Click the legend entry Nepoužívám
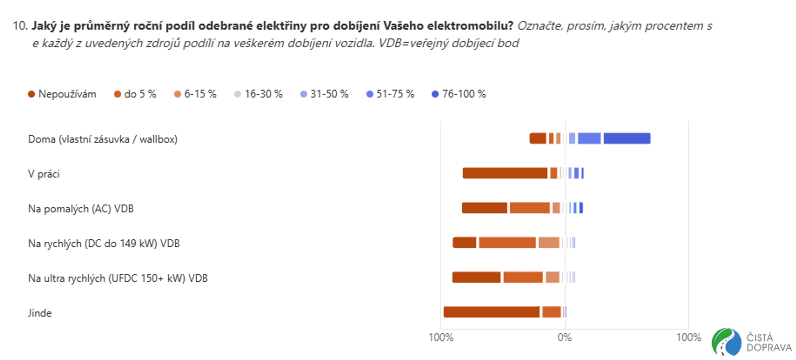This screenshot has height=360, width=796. coord(62,94)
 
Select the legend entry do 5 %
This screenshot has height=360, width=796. coord(135,94)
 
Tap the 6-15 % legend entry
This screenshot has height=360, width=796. coord(195,94)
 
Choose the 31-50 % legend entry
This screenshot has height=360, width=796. coord(324,94)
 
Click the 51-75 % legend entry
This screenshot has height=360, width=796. coord(390,94)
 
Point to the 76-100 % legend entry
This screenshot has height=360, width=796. coord(459,94)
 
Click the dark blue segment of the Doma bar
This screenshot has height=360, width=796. coord(627,138)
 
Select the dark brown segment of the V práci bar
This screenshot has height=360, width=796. coord(505,173)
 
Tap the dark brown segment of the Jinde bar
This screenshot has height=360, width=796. coord(492,312)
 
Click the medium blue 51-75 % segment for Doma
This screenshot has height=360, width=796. coord(589,138)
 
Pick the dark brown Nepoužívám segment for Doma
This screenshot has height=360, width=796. coord(538,138)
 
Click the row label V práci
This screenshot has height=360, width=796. coord(44,174)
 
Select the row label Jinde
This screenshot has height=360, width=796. coord(40,313)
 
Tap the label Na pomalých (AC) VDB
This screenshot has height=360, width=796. coord(81,209)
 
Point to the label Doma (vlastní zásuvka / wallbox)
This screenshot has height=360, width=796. coord(103,139)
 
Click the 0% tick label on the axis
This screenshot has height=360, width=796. coord(564,337)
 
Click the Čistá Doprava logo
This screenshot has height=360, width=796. coord(752,342)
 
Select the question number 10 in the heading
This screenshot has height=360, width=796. coord(20,26)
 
